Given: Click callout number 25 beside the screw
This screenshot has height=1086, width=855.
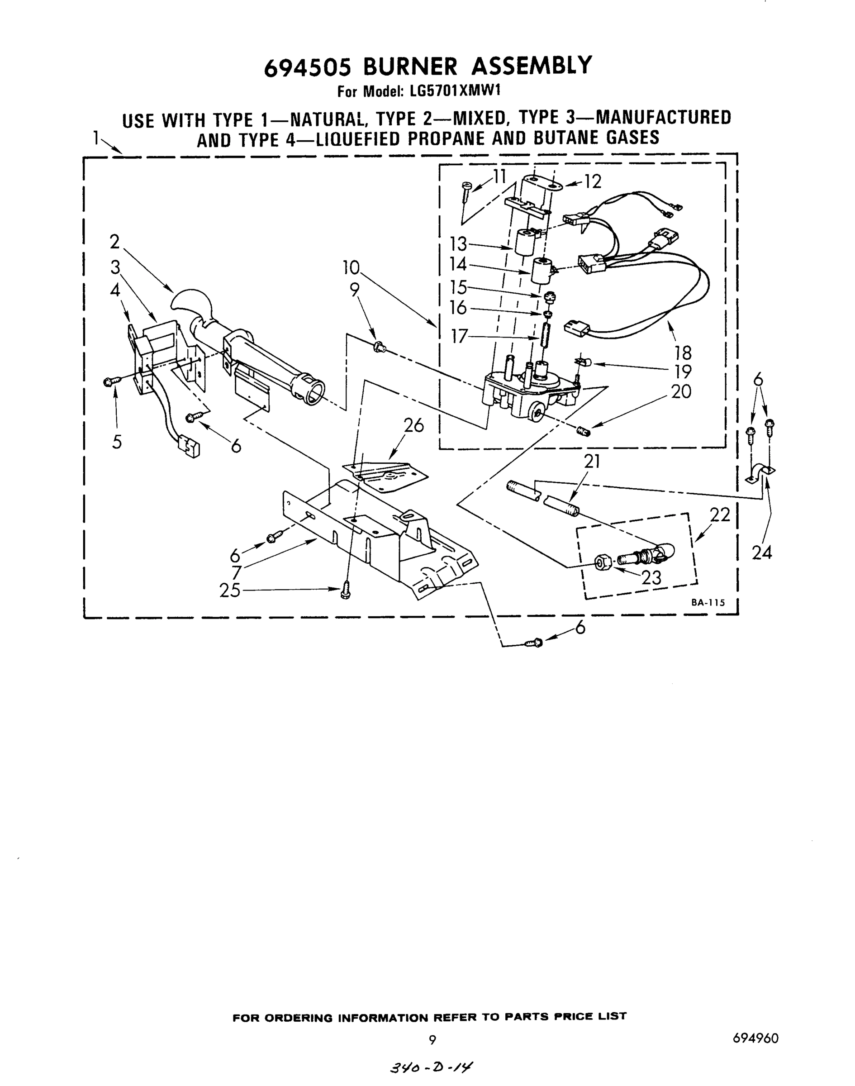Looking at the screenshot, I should tap(230, 591).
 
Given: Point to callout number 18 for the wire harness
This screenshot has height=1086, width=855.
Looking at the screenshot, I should tap(683, 353).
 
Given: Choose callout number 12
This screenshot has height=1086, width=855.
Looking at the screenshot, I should tap(593, 182).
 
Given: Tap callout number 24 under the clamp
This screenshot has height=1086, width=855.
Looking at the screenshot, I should tap(761, 553).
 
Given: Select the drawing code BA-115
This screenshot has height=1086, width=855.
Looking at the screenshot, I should tap(708, 603).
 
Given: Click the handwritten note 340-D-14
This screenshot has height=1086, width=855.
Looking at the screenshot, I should tap(431, 1068).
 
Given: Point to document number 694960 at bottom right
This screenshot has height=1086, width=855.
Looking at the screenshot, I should tap(755, 1038).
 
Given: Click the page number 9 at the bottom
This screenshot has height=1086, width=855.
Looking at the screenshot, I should tap(432, 1040).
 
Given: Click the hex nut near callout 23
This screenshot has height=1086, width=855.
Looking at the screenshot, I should tap(602, 563).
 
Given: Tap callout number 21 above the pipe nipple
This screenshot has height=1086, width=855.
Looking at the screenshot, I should tap(592, 461).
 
